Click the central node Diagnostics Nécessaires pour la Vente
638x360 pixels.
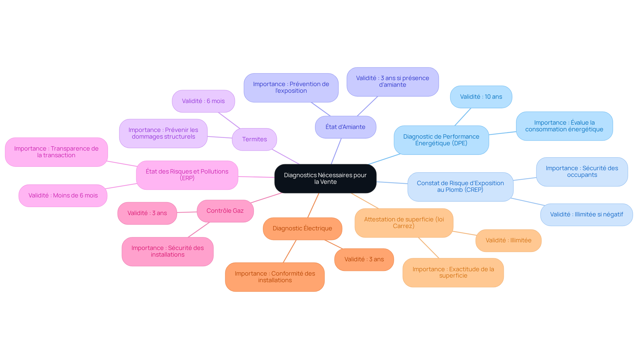coord(325,179)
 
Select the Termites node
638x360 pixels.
coord(254,139)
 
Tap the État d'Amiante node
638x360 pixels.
coord(345,127)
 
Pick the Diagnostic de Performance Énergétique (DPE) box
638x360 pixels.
coord(441,140)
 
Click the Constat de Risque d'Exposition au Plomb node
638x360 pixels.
coord(460,186)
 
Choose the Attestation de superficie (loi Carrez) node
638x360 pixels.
coord(404,223)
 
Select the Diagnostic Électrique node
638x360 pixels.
coord(302,228)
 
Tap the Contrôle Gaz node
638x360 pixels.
coord(225,211)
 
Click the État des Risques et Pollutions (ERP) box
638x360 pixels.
coord(187,175)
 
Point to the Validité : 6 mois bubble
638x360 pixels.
coord(203,101)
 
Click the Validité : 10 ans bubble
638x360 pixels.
coord(481,97)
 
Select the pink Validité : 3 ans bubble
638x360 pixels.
coord(147,213)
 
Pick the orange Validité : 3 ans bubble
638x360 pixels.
coord(364,259)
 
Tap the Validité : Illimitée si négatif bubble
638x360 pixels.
coord(586,214)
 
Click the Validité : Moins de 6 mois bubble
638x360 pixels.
coord(63,195)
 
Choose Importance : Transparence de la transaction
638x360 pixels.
coord(56,152)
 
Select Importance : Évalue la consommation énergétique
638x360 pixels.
coord(564,126)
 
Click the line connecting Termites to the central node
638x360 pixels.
coord(285,157)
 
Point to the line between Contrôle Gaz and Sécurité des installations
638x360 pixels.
coord(199,230)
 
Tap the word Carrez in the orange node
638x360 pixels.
coord(403,226)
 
